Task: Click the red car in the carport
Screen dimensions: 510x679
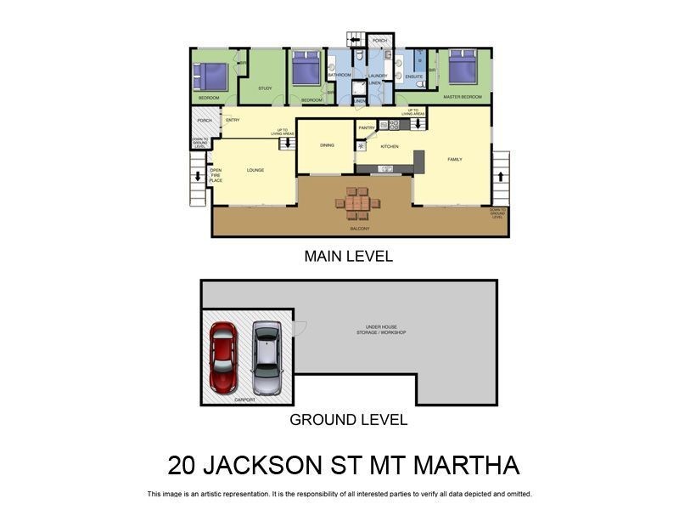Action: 223,358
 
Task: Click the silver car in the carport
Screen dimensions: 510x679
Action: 267,358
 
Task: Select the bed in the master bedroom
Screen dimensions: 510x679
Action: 463,67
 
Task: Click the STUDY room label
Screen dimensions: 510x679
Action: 265,88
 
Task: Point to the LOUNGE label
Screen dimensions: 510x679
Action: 255,170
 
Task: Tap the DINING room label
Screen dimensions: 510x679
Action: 327,145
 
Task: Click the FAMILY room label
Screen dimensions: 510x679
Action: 455,159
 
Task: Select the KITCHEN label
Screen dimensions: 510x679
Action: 390,147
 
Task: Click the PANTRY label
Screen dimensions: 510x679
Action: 367,127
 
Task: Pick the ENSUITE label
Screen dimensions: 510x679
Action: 414,77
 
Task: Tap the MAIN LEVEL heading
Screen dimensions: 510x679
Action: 348,256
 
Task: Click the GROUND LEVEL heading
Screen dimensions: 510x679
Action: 348,419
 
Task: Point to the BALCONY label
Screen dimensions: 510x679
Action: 360,229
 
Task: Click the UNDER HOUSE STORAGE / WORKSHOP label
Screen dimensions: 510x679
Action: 380,330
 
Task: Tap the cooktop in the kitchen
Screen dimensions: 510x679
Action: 395,125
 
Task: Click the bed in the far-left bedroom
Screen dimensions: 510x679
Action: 211,76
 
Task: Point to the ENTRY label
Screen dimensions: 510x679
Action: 233,120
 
